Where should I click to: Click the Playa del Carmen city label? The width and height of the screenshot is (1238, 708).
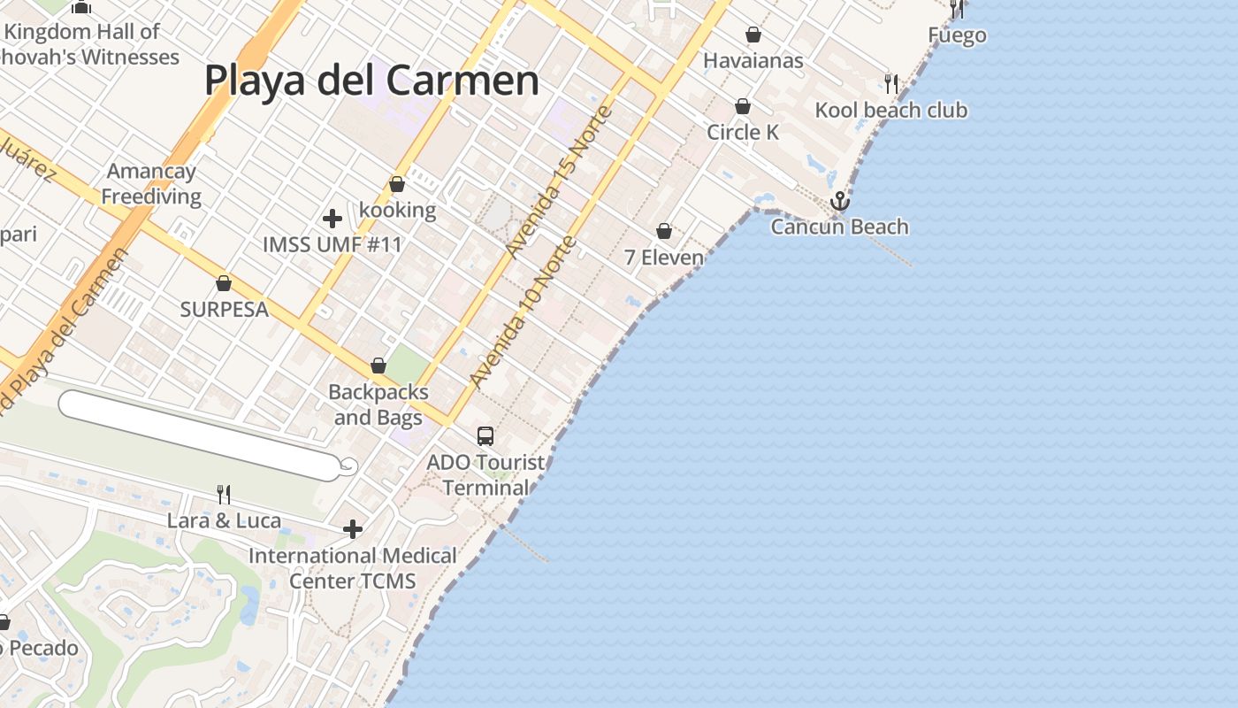pyautogui.click(x=371, y=81)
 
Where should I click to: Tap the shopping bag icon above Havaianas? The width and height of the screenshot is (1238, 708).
pyautogui.click(x=753, y=35)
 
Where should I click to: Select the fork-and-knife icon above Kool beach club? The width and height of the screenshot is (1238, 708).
pyautogui.click(x=891, y=84)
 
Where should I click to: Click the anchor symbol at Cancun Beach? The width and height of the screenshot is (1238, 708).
pyautogui.click(x=839, y=201)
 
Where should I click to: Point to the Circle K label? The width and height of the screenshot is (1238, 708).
pyautogui.click(x=743, y=133)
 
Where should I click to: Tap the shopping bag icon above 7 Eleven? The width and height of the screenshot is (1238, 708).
pyautogui.click(x=664, y=231)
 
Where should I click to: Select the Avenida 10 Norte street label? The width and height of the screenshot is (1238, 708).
pyautogui.click(x=523, y=312)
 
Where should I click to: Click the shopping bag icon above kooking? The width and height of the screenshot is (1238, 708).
pyautogui.click(x=397, y=184)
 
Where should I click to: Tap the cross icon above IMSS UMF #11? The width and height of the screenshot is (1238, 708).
pyautogui.click(x=332, y=218)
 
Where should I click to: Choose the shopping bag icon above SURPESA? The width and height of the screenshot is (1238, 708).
pyautogui.click(x=224, y=283)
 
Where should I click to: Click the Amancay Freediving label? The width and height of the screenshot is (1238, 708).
pyautogui.click(x=151, y=184)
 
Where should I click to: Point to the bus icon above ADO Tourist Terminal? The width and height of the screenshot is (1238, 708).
pyautogui.click(x=485, y=435)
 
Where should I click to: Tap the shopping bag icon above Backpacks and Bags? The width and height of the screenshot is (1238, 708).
pyautogui.click(x=378, y=366)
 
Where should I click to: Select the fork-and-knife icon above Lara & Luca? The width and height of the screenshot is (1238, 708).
pyautogui.click(x=225, y=494)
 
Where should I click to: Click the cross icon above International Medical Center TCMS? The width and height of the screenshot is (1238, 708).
pyautogui.click(x=353, y=529)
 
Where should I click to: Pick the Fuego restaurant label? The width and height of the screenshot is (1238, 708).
pyautogui.click(x=957, y=35)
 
